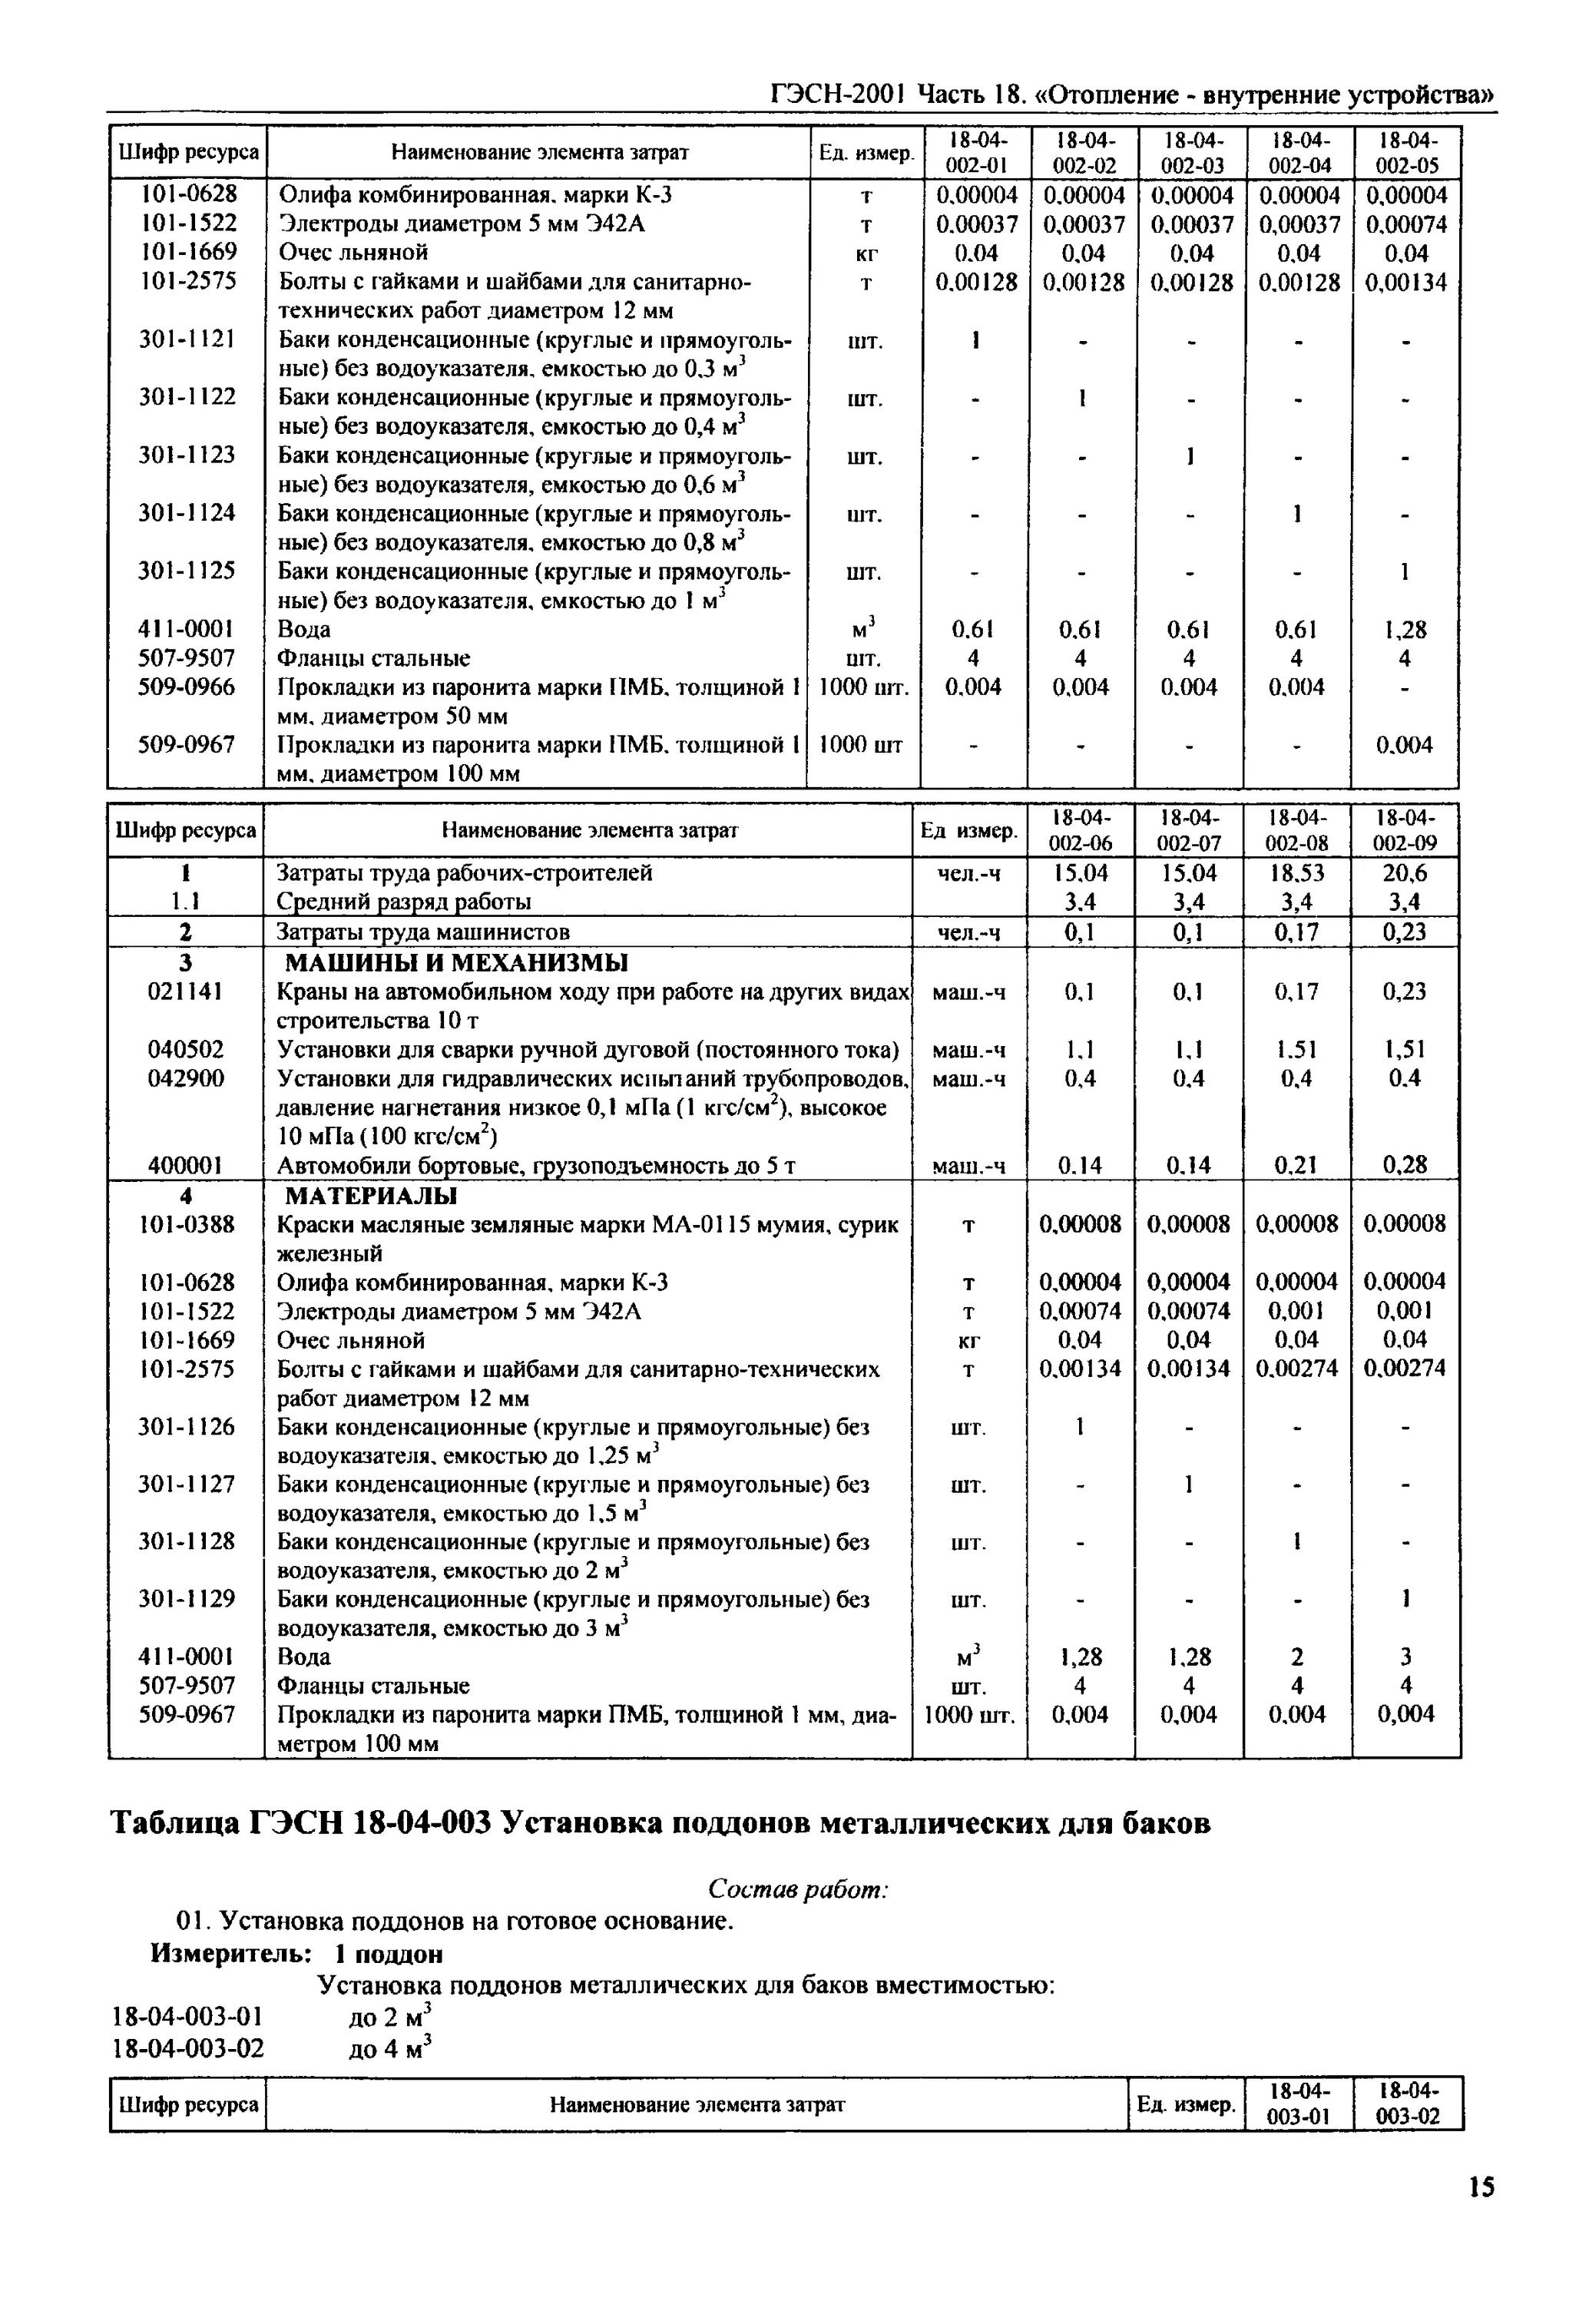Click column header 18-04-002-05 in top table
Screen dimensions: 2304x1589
click(1405, 152)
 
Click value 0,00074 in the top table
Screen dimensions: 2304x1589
click(1405, 224)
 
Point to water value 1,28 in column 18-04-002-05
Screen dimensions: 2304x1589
click(1405, 629)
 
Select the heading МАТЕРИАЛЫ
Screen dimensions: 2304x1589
click(372, 1195)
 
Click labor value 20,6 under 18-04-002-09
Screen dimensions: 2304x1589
click(1405, 873)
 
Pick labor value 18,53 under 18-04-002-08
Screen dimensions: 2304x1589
click(1296, 873)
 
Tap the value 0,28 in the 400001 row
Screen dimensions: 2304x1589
click(1405, 1165)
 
